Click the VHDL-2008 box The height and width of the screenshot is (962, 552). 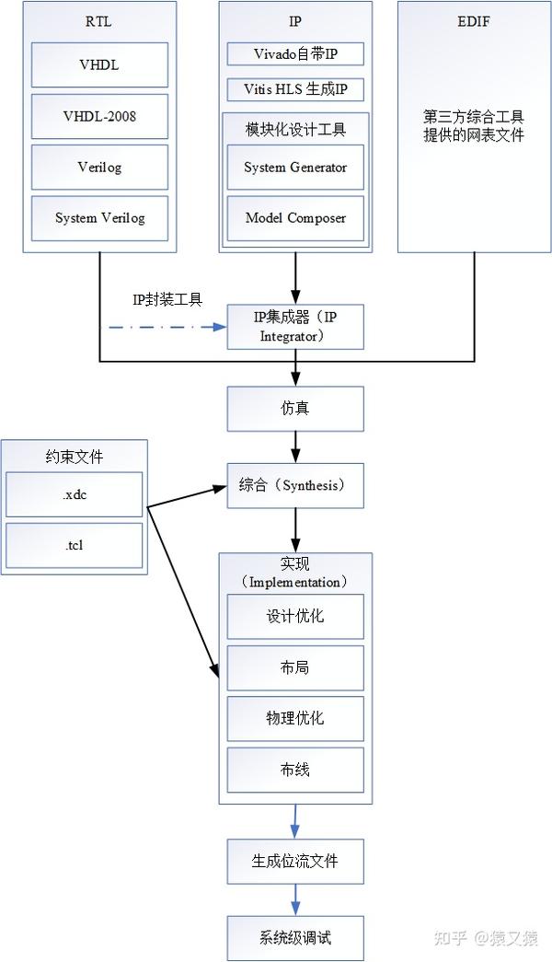[99, 116]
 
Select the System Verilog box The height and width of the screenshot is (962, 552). [99, 218]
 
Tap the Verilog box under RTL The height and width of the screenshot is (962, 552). [99, 168]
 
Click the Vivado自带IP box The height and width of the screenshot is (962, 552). [295, 53]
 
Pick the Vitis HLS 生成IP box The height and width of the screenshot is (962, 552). [295, 89]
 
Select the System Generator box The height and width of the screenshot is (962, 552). [295, 168]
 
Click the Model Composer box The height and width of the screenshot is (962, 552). [295, 218]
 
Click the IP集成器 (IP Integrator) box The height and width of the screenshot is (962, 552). [295, 327]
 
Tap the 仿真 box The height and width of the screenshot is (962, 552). [295, 408]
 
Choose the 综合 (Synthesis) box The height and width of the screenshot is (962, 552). [295, 485]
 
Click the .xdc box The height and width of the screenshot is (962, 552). [75, 494]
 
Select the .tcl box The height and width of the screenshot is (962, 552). [75, 545]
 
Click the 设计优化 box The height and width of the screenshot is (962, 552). [295, 616]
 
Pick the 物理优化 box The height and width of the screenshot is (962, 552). [295, 718]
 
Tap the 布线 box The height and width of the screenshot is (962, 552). [295, 770]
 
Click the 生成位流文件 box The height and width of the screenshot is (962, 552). [295, 861]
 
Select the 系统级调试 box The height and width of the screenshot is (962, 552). [295, 938]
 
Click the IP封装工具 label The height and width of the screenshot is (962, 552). [167, 299]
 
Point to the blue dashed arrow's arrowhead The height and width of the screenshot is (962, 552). [221, 327]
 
